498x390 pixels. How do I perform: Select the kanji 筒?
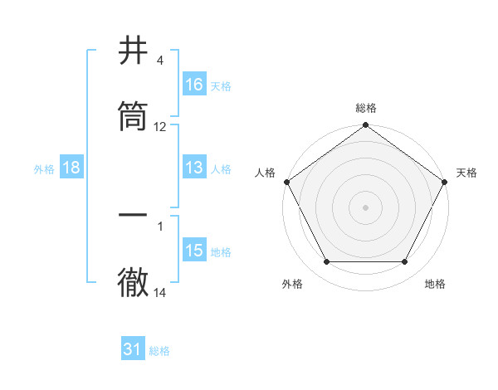(x=134, y=117)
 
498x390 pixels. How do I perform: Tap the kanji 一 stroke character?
(x=134, y=215)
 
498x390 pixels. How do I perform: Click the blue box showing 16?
(x=194, y=84)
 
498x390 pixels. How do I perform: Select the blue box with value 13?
(x=194, y=168)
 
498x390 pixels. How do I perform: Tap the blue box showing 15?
(x=194, y=251)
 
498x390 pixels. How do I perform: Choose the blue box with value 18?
(x=71, y=168)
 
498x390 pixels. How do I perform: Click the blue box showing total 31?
(x=133, y=349)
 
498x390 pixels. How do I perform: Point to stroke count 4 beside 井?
(x=159, y=61)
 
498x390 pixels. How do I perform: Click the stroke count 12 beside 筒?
(x=160, y=127)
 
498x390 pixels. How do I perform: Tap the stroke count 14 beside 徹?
(x=160, y=293)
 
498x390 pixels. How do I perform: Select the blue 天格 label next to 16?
(x=221, y=85)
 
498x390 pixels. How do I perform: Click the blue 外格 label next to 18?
(x=44, y=168)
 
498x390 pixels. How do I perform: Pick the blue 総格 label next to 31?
(x=159, y=351)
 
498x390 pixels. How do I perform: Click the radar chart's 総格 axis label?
(x=366, y=108)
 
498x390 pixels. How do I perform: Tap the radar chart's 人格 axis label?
(x=265, y=173)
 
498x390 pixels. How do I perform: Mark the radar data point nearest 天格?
(x=445, y=182)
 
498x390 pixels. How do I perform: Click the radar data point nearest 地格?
(x=405, y=262)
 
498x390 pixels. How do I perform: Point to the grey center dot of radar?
(x=366, y=207)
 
